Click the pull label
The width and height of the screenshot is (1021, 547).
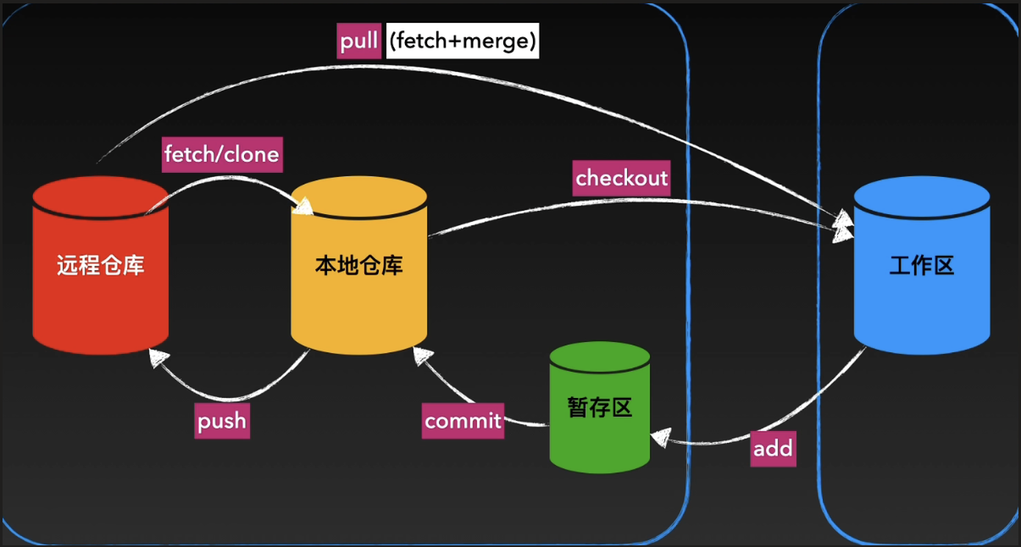tap(359, 41)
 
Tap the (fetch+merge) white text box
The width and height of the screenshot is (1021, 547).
tap(462, 41)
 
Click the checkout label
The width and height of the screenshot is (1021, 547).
tap(621, 178)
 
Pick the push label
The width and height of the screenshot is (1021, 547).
tap(221, 421)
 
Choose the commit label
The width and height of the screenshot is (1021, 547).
tap(463, 421)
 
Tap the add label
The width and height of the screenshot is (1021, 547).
tap(773, 449)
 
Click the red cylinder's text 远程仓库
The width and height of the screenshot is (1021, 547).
tap(101, 266)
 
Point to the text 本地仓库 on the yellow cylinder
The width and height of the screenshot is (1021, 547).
tap(358, 266)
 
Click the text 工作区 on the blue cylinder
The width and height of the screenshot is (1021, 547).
tap(922, 266)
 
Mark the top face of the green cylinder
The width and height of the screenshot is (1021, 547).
tap(600, 358)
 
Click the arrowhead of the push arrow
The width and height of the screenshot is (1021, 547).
tap(157, 357)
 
